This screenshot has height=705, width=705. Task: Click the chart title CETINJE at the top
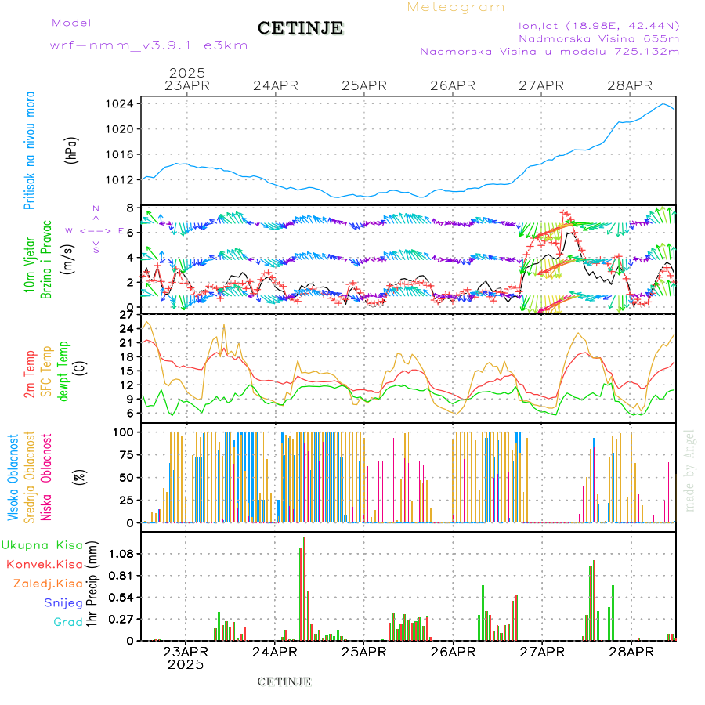point(300,28)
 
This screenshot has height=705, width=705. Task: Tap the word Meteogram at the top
point(456,7)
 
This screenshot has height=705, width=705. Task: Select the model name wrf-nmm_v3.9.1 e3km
point(149,45)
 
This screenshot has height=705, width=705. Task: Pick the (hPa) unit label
point(71,150)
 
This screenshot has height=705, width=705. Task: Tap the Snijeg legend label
point(63,602)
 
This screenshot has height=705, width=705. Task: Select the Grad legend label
point(68,622)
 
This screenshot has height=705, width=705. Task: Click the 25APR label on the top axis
point(363,85)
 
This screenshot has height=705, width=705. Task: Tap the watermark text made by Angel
point(689,470)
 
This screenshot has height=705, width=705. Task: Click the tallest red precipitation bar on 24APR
point(304,587)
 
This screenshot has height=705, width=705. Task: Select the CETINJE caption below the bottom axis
point(284,681)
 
